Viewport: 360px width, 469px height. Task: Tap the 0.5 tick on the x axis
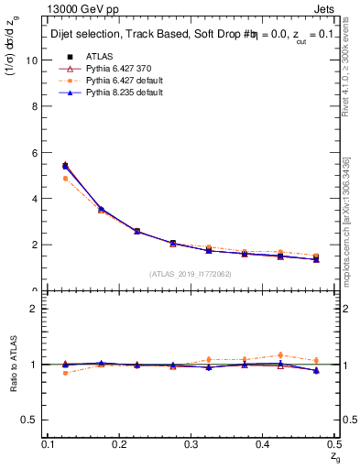(x=334, y=444)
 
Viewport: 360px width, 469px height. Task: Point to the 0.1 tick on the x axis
(x=49, y=444)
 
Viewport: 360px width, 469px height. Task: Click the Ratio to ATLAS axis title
(x=13, y=365)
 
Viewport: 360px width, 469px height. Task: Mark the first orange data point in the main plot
(x=65, y=179)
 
